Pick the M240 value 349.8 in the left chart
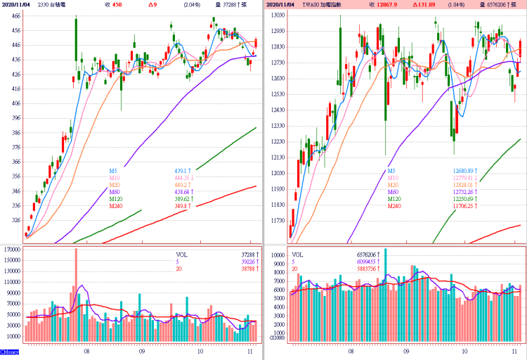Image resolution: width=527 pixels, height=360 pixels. point(181,206)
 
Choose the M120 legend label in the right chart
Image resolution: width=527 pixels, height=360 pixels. point(394,198)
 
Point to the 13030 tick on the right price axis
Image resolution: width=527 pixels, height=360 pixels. point(276,15)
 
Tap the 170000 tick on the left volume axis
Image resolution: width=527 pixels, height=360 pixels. point(11,250)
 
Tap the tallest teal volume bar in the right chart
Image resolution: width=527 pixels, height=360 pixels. point(385,295)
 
